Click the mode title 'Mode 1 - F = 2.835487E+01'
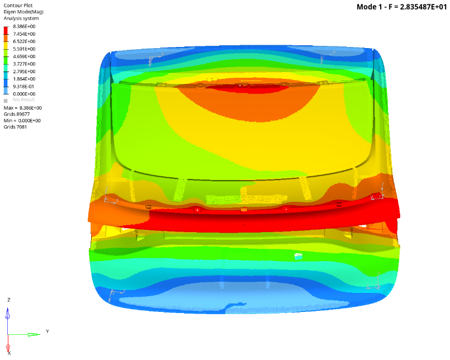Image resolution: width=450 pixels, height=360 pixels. point(401,7)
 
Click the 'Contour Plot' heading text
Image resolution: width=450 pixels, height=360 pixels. point(18,6)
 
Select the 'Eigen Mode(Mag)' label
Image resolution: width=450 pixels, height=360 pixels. point(23,12)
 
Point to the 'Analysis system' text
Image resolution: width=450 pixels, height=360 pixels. point(21,18)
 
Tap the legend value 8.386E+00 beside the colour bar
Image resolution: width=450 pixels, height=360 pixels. point(24,26)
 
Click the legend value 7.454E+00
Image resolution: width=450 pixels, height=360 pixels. point(24,34)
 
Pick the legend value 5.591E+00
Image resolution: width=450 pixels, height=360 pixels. point(24,49)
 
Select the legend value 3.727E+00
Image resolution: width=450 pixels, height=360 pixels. point(24,64)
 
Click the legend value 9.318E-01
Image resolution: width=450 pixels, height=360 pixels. point(23,87)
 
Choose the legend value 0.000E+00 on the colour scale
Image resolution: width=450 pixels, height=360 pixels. point(24,94)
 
